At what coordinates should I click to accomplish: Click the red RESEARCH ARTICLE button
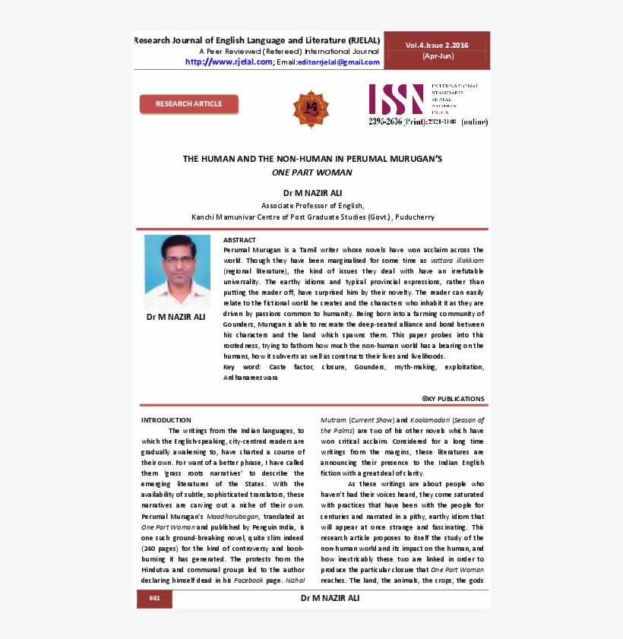pos(188,104)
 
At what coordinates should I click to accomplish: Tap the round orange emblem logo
pos(311,109)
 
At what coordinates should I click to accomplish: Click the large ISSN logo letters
pos(396,100)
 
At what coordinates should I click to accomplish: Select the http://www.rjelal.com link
pos(228,62)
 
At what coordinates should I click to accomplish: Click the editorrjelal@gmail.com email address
pos(338,62)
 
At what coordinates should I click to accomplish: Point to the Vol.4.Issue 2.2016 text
pos(436,46)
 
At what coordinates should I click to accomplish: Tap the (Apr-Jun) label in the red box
pos(436,57)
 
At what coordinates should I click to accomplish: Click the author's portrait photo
pos(177,271)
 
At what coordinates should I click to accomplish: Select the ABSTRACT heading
pos(239,240)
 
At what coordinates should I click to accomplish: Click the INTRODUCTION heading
pos(166,420)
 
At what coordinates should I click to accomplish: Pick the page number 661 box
pos(155,599)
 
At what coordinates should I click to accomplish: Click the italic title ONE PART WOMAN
pos(312,172)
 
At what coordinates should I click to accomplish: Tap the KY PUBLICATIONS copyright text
pos(454,399)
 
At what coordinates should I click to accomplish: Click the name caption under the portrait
pos(176,317)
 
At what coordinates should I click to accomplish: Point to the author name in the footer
pos(330,598)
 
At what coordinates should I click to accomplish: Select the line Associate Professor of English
pos(312,206)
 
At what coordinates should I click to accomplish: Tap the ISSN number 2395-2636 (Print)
pos(397,122)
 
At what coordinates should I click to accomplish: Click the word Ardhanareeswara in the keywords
pos(250,378)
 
